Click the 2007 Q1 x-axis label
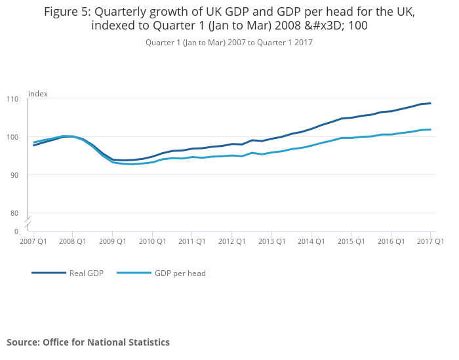point(33,241)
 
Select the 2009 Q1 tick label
point(112,241)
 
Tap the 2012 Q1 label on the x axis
point(231,241)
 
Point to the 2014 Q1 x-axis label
point(311,241)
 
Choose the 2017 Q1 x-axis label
point(430,241)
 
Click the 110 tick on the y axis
point(12,99)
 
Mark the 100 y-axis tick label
point(12,137)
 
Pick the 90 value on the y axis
point(14,175)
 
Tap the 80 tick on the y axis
point(14,213)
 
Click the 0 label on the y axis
point(16,231)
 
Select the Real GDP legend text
point(87,273)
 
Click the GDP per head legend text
point(180,273)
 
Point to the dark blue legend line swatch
point(49,273)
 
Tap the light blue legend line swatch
point(133,273)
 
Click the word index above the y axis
point(38,94)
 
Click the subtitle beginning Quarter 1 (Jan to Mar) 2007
point(229,43)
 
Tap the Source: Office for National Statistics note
point(88,342)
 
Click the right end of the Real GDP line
point(430,103)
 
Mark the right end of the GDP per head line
point(430,129)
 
